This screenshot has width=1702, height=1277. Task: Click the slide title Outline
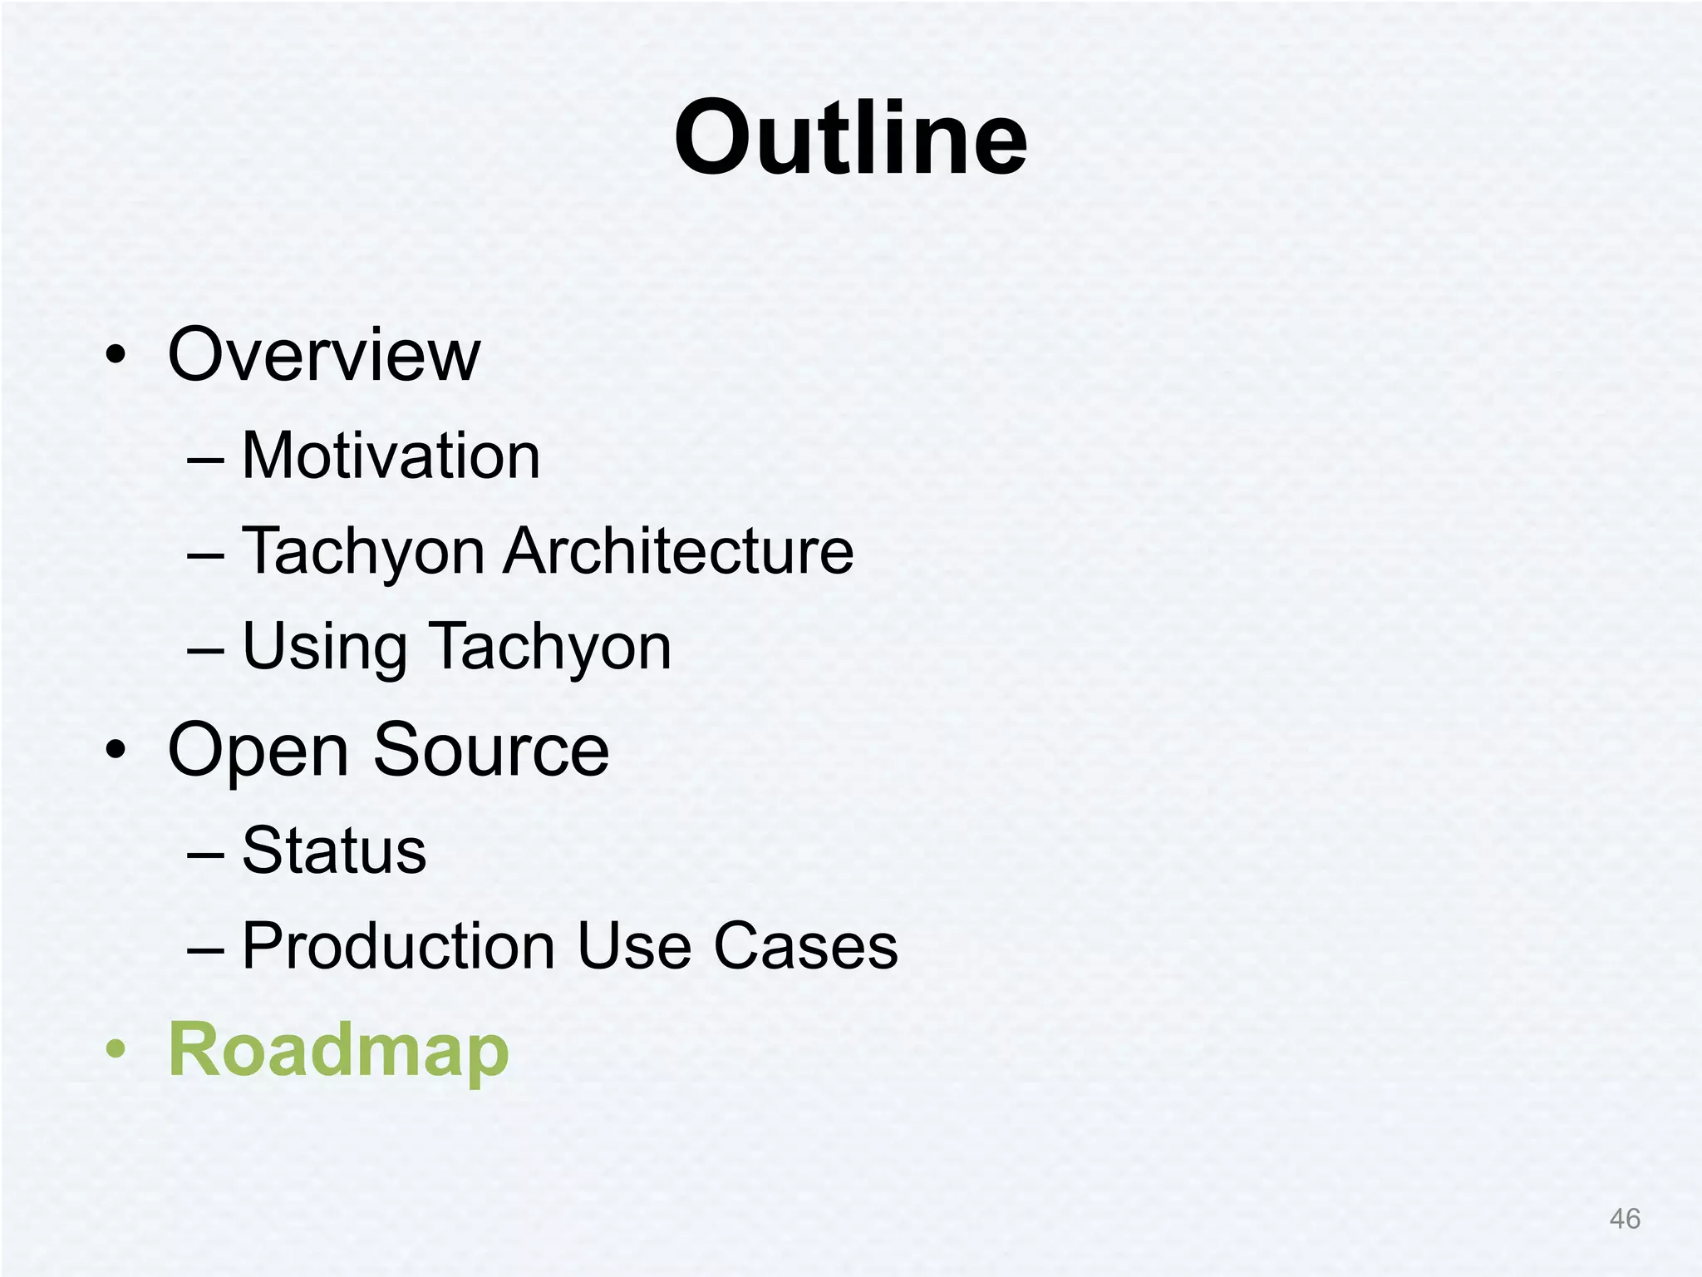850,138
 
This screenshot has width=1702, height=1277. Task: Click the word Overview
324,355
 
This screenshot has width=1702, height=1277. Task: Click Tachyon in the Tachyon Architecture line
363,553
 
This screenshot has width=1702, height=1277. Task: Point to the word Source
491,750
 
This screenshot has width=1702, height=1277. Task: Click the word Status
334,851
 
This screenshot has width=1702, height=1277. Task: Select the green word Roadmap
338,1051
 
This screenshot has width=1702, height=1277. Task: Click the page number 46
1624,1219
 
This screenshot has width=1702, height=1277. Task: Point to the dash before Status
205,853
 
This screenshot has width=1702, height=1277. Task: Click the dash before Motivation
205,459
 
